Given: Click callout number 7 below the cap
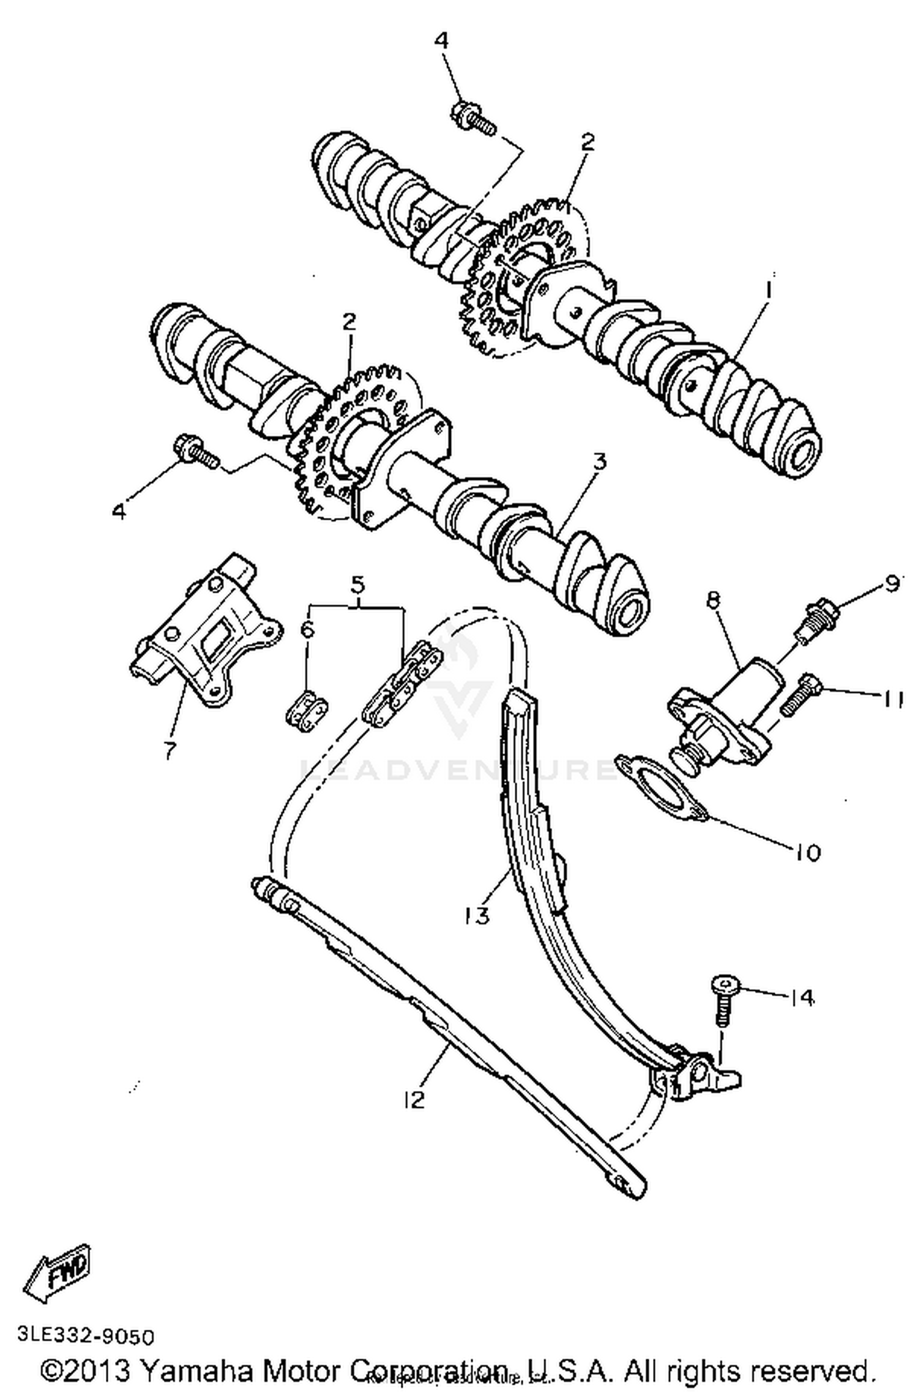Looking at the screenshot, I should click(170, 751).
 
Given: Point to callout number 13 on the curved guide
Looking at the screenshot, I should click(477, 916).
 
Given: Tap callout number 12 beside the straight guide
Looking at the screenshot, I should click(414, 1100).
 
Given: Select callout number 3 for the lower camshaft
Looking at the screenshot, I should click(600, 462).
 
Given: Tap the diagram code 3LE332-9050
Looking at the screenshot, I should click(86, 1336).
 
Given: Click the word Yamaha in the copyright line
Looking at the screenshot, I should click(196, 1371).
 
